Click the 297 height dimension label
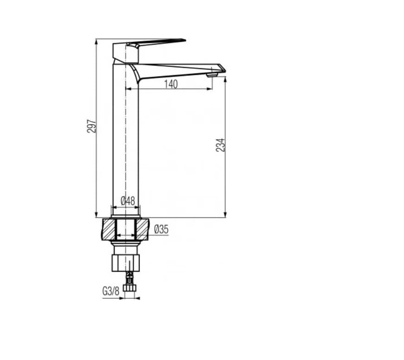pos(92,126)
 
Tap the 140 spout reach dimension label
pos(171,84)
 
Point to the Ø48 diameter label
pos(128,201)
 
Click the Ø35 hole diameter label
pos(161,229)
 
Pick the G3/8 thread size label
pos(111,291)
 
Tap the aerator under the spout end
pos(212,74)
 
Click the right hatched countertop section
pos(142,229)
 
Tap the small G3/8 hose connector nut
pos(130,288)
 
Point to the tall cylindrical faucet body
pos(126,139)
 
